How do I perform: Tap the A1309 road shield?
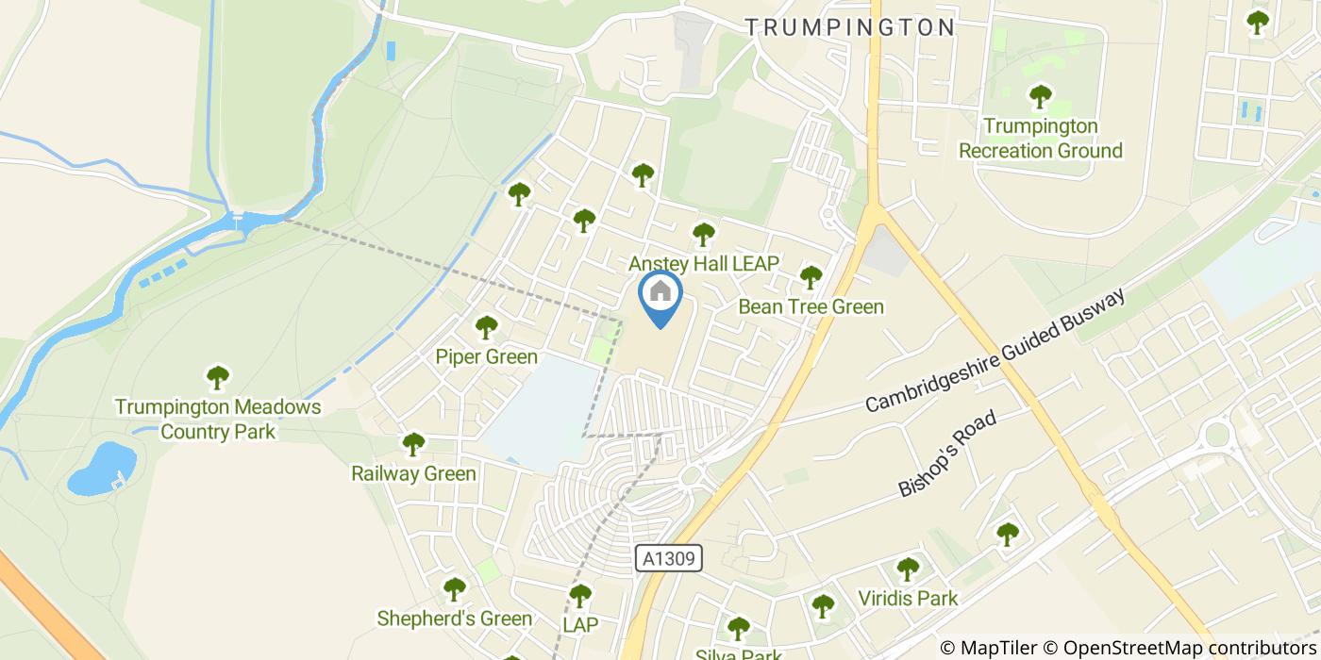tap(669, 558)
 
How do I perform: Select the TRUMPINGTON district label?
tap(850, 26)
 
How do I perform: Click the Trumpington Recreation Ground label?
tap(1041, 139)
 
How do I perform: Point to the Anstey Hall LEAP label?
tap(704, 264)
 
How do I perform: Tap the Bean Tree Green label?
tap(811, 306)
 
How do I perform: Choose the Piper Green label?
tap(486, 356)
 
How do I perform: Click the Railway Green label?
tap(413, 473)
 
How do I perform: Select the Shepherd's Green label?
tap(454, 619)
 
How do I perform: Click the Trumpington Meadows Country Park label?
tap(218, 420)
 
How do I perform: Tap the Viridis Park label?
tap(908, 598)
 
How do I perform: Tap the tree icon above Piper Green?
tap(486, 327)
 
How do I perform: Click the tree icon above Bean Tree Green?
tap(811, 277)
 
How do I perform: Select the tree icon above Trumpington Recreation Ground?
tap(1041, 96)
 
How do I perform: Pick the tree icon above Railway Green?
tap(413, 443)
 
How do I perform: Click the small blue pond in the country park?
tap(101, 468)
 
